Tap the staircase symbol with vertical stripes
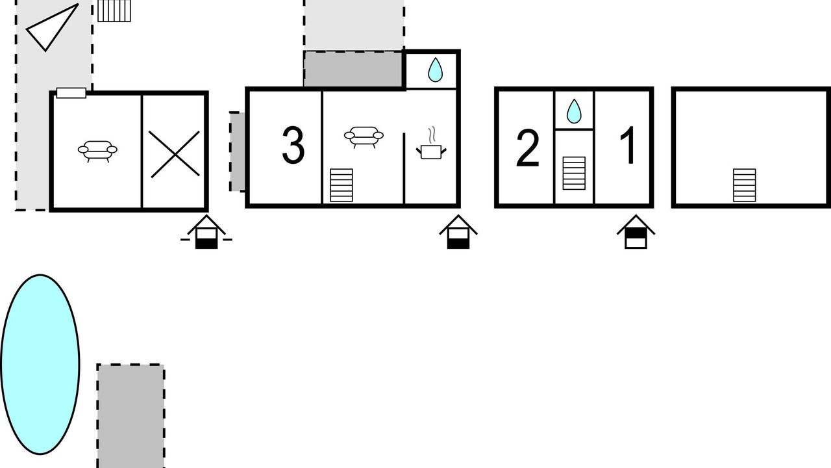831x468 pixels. [x=114, y=11]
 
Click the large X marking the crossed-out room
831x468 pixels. [x=175, y=154]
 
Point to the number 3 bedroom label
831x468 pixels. [x=293, y=145]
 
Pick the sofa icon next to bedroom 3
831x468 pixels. [x=364, y=137]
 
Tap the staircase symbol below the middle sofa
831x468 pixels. [x=341, y=185]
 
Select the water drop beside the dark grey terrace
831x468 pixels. [x=435, y=70]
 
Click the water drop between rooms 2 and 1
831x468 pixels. [x=574, y=111]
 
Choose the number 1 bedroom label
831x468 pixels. [x=628, y=145]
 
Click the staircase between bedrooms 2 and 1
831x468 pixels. [x=574, y=173]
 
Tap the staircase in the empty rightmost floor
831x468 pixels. [x=744, y=185]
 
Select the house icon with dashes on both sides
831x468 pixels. [x=206, y=232]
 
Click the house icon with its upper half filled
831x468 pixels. [x=636, y=232]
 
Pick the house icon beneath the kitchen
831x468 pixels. [x=458, y=232]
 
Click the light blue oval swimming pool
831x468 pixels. [x=40, y=365]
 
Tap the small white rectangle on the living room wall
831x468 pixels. [x=71, y=93]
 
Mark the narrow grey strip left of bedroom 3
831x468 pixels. [x=238, y=151]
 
